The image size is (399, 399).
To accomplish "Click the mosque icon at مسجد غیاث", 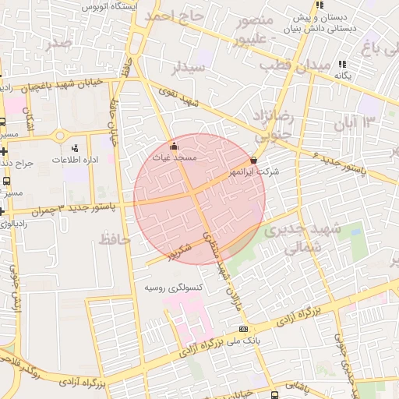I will pyautogui.click(x=173, y=146).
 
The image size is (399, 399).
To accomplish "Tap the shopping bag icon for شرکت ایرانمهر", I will pyautogui.click(x=254, y=160).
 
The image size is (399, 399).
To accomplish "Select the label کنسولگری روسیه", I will pyautogui.click(x=175, y=287).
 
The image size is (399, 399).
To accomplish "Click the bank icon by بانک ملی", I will pyautogui.click(x=244, y=328).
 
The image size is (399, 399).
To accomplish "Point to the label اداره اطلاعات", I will pyautogui.click(x=73, y=159).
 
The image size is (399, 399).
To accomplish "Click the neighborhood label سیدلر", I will pyautogui.click(x=191, y=68).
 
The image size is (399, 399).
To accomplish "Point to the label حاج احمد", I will pyautogui.click(x=173, y=16).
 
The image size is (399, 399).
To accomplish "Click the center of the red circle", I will pyautogui.click(x=199, y=199).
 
